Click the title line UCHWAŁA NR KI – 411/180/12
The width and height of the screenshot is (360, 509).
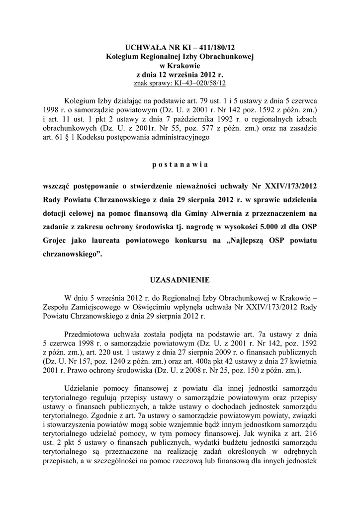pyautogui.click(x=180, y=48)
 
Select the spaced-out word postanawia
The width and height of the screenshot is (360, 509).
pyautogui.click(x=180, y=164)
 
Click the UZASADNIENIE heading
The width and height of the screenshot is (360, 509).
pyautogui.click(x=180, y=280)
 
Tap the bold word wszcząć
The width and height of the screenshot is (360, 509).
pyautogui.click(x=59, y=187)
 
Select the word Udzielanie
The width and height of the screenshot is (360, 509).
pyautogui.click(x=84, y=388)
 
